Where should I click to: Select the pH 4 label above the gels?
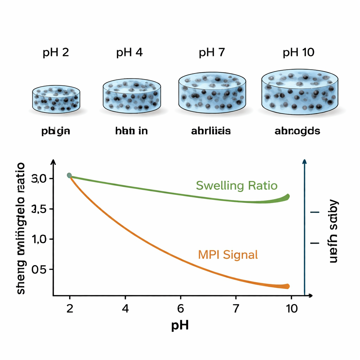click(129, 53)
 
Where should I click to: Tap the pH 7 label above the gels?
click(211, 53)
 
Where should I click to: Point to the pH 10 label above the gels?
click(298, 53)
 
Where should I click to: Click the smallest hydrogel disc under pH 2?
click(56, 99)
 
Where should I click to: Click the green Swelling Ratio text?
click(237, 185)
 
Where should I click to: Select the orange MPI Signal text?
click(228, 254)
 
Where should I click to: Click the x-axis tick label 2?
click(70, 308)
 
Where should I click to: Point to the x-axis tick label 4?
click(125, 308)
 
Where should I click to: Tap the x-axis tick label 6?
click(180, 308)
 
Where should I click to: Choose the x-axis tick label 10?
click(291, 308)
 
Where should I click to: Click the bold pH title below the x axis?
click(180, 325)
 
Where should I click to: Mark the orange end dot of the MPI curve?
click(287, 286)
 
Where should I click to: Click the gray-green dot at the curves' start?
click(69, 175)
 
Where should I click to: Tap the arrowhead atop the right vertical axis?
click(304, 161)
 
